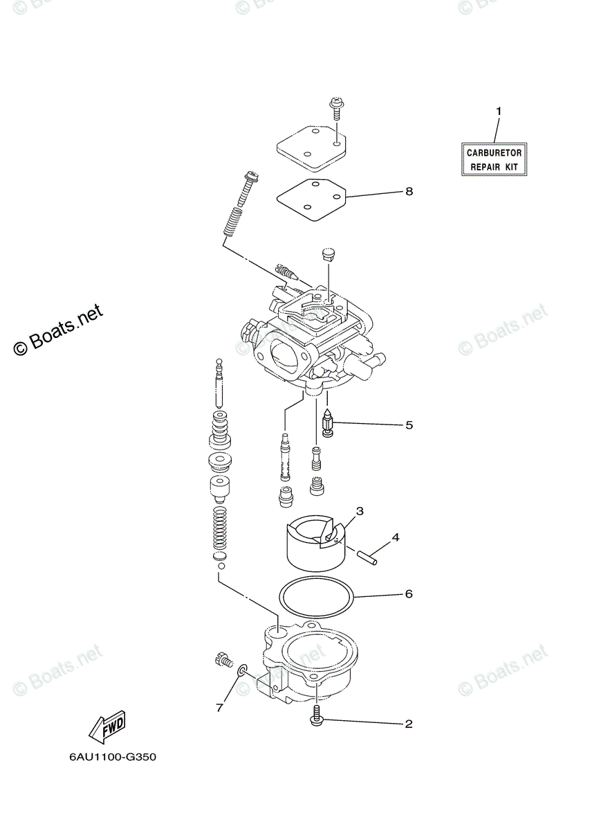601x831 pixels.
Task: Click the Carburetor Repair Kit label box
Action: (x=494, y=159)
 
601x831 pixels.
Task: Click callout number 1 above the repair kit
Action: (x=497, y=111)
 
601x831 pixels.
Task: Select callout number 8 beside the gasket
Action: (x=409, y=191)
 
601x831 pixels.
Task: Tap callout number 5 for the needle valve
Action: (x=409, y=425)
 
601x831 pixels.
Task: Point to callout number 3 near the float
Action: (x=360, y=512)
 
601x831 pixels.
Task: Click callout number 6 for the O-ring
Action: (x=409, y=594)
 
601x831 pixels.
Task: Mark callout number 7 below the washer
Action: (x=220, y=708)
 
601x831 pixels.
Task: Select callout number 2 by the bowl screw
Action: (x=409, y=724)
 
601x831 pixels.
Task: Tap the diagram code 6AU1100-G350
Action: (x=113, y=757)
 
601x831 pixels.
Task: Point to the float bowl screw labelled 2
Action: (x=316, y=715)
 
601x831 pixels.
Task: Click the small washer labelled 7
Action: (x=243, y=670)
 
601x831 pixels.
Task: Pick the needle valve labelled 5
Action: (x=328, y=424)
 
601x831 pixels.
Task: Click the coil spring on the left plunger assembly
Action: (x=219, y=530)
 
